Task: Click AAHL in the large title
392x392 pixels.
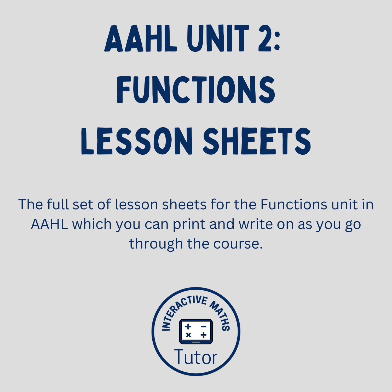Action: click(141, 39)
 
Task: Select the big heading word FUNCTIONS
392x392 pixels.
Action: click(196, 90)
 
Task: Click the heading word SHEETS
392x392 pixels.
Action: click(257, 141)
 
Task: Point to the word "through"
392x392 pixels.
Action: click(156, 244)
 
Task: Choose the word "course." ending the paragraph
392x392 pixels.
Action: click(238, 244)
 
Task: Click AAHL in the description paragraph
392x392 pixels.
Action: click(49, 224)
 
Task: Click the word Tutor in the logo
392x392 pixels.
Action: click(196, 357)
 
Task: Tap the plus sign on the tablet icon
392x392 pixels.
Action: click(188, 326)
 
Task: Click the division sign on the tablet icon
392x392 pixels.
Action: click(204, 335)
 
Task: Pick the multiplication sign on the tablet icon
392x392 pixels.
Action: click(188, 335)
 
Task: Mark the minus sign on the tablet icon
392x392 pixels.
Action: click(204, 326)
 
